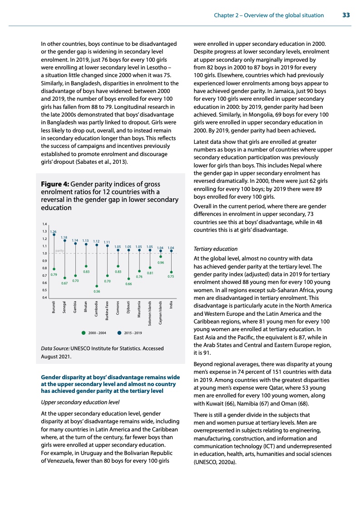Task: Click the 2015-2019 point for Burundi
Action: coord(54,235)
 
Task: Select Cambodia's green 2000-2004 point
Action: coord(97,286)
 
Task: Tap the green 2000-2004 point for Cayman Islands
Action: coord(161,256)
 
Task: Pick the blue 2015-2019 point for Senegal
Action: coord(65,241)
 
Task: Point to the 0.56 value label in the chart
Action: coord(97,291)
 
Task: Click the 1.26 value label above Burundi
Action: coord(54,232)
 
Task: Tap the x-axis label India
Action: coord(171,305)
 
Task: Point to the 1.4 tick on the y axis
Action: coord(44,224)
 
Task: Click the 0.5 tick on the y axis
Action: coord(44,290)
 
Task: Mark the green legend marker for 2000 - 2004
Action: coord(84,333)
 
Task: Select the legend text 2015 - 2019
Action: coord(133,333)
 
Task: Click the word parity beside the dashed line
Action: coord(59,250)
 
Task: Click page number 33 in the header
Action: coord(346,15)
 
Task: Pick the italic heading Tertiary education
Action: coord(216,249)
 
